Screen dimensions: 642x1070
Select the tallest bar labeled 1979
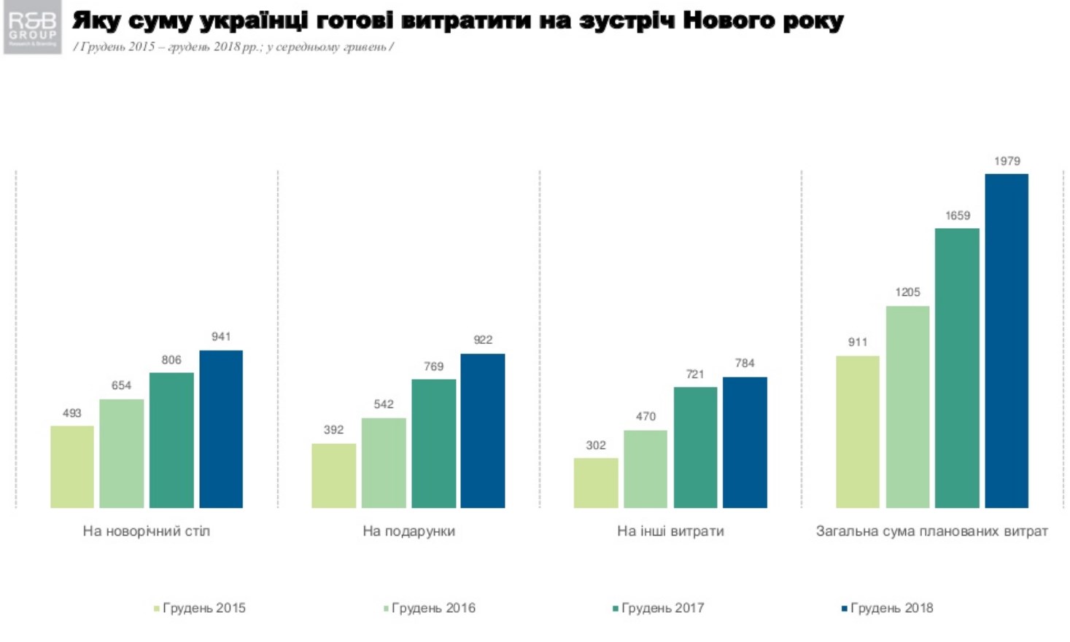pos(1007,340)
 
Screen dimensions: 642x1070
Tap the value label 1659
pos(957,216)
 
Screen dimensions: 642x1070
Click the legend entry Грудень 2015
pos(200,608)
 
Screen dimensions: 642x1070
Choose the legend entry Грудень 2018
pos(888,608)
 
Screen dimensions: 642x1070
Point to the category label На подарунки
pos(408,531)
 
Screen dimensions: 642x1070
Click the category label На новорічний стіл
pos(146,531)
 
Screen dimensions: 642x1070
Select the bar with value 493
pos(72,466)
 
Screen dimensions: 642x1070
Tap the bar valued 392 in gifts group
pos(333,475)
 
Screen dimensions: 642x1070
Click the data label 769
pos(433,367)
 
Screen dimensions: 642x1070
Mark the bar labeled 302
pos(596,482)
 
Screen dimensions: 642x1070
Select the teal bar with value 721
pos(695,447)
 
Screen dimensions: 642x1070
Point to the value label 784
pos(745,363)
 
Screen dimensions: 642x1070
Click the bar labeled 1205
pos(907,407)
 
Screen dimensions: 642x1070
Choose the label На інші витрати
pos(670,531)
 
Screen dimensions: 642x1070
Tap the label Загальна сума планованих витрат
pos(931,531)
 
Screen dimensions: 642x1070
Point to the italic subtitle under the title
pos(233,47)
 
